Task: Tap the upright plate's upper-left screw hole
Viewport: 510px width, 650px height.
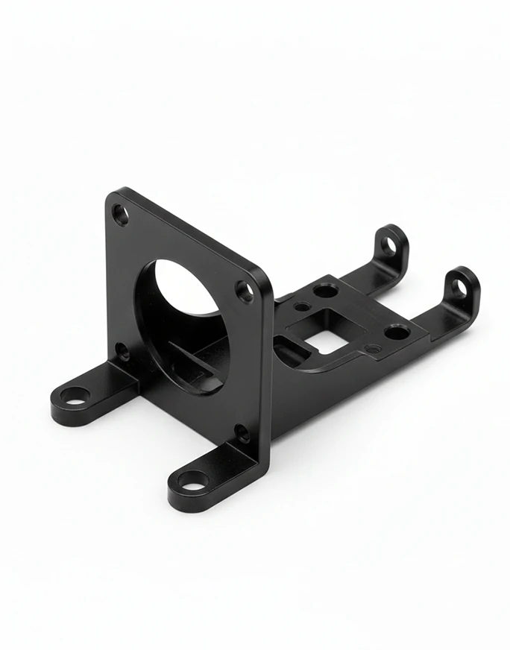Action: [x=120, y=215]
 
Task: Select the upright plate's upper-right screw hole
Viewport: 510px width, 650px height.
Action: [x=245, y=291]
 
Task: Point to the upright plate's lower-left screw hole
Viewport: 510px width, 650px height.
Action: [x=122, y=349]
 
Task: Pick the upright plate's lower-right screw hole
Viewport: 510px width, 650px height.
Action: [x=242, y=433]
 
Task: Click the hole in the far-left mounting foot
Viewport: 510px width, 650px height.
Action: [x=74, y=394]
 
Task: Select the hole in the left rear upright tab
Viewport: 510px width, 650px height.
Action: [x=389, y=244]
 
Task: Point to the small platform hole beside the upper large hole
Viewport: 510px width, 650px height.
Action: [x=301, y=305]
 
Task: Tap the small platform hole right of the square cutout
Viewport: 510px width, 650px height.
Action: [x=373, y=348]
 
